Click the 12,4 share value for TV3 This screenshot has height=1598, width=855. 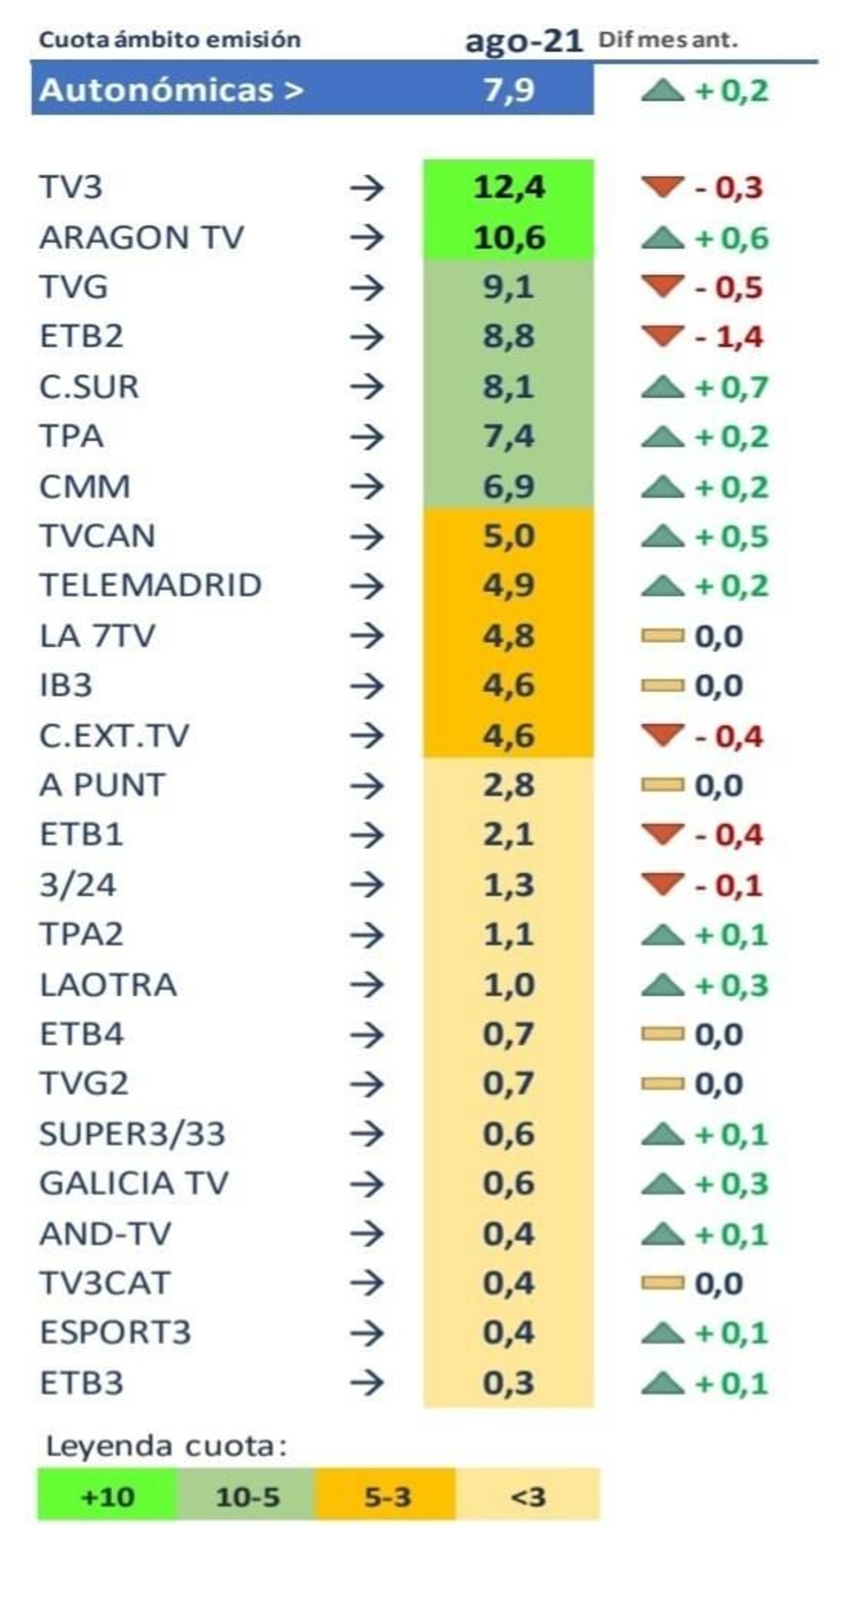pos(508,187)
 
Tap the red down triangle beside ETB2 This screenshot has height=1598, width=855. pos(662,336)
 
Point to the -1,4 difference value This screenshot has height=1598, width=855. pos(729,337)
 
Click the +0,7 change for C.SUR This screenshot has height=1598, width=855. pos(732,387)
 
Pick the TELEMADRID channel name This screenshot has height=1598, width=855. pos(150,585)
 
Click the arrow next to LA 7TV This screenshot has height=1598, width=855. pos(367,636)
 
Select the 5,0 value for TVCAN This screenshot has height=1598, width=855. pos(508,536)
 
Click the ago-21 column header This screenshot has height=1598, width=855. pos(523,41)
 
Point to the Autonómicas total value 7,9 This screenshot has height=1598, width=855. pos(508,90)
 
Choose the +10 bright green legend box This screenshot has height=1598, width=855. pos(107,1497)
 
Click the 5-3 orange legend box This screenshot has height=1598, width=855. pos(386,1497)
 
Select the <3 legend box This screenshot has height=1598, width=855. pos(528,1497)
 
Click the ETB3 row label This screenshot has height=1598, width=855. pos(81,1383)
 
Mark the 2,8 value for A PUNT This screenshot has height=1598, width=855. pos(508,785)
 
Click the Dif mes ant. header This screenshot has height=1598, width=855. pos(667,40)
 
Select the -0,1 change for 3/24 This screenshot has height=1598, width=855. pos(729,885)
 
